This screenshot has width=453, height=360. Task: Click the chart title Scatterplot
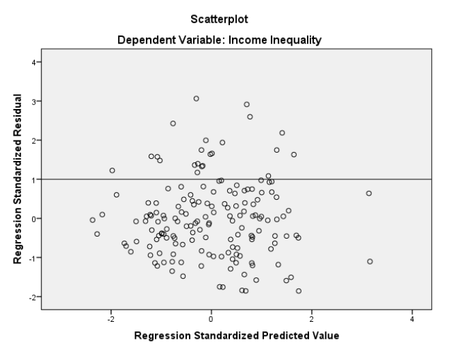pyautogui.click(x=227, y=12)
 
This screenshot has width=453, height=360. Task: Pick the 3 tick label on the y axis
pyautogui.click(x=31, y=102)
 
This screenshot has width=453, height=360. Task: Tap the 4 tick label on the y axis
pyautogui.click(x=31, y=62)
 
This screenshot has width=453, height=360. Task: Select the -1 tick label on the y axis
pyautogui.click(x=29, y=258)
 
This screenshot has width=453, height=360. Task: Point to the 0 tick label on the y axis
pyautogui.click(x=31, y=219)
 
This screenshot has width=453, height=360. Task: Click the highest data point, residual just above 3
pyautogui.click(x=196, y=98)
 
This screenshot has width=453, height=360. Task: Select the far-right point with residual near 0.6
pyautogui.click(x=369, y=193)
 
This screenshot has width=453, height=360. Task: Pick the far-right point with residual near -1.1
pyautogui.click(x=370, y=261)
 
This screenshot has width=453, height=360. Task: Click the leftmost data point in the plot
pyautogui.click(x=93, y=220)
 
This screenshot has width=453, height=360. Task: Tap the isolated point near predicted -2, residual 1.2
pyautogui.click(x=112, y=170)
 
